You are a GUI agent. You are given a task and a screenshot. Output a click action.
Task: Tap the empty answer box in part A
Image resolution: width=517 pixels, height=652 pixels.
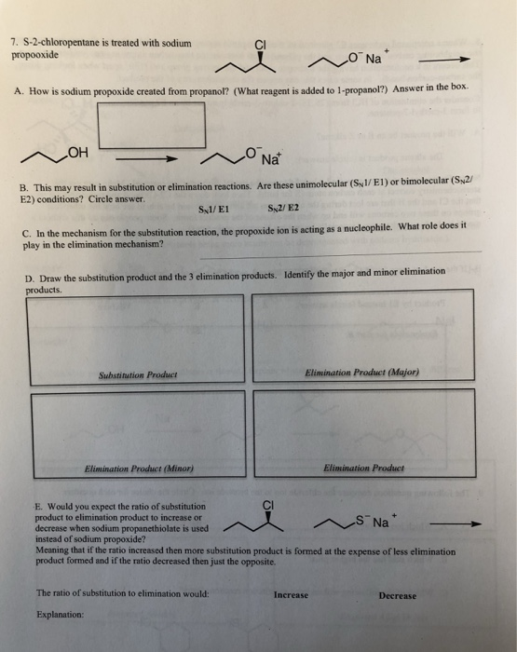(161, 125)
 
